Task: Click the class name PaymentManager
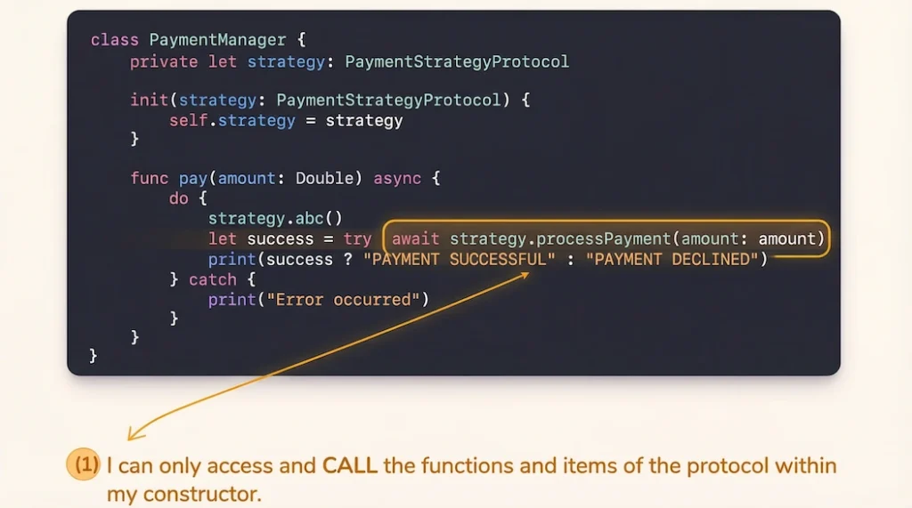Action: pos(217,40)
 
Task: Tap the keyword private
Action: pos(164,61)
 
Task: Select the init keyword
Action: pos(149,100)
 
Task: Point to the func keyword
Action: pos(149,178)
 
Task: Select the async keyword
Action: pos(397,179)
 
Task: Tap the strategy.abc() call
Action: pos(276,219)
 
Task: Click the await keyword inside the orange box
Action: pos(415,239)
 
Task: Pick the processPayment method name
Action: pos(604,239)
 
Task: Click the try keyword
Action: pos(357,239)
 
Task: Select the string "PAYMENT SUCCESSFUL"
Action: pos(460,259)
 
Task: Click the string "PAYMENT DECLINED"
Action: pos(672,259)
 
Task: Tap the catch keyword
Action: pos(213,279)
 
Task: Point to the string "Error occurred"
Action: pos(343,300)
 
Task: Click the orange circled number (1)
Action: pos(83,464)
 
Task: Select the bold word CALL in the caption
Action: pos(349,465)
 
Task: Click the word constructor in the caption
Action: pos(202,494)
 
